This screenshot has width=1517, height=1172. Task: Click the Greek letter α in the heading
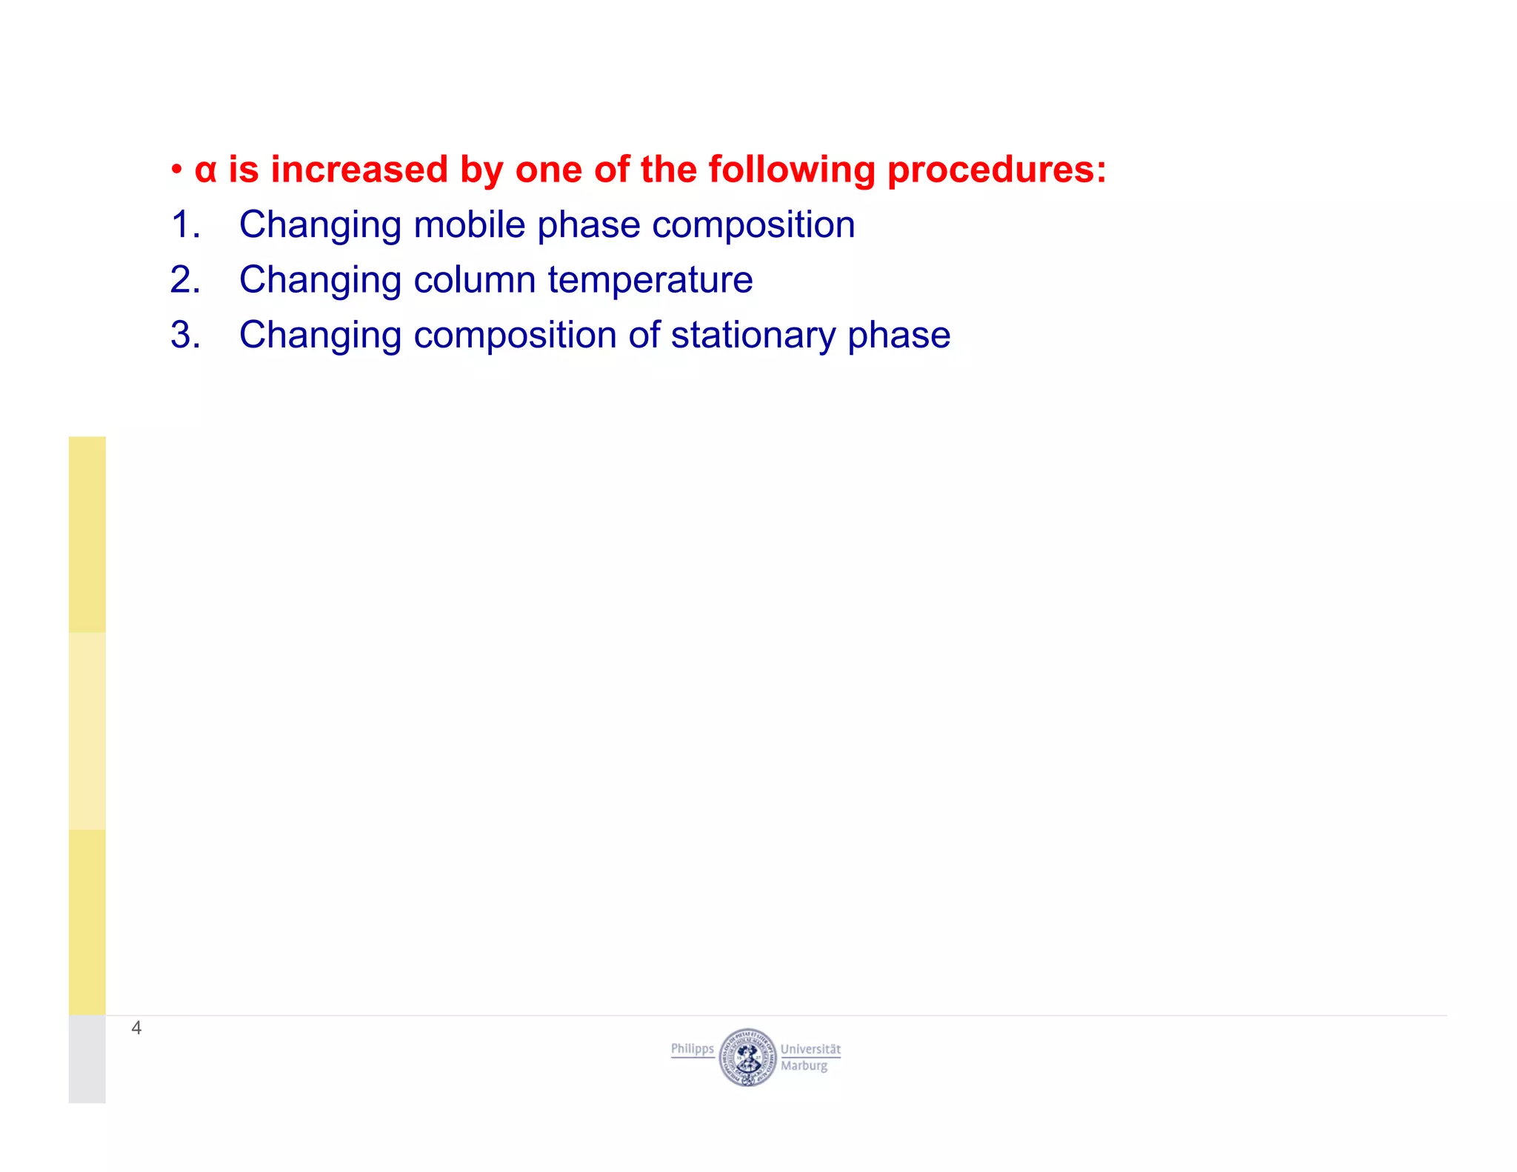tap(205, 171)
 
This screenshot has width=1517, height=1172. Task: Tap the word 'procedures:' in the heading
tap(996, 170)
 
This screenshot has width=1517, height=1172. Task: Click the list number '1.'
tap(185, 224)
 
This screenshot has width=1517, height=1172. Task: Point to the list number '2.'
tap(185, 280)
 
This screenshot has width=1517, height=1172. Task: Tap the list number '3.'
tap(185, 335)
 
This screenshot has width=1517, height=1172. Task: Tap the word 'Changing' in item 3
tap(320, 336)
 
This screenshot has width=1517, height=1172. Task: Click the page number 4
tap(136, 1028)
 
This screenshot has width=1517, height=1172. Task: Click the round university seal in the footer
tap(747, 1057)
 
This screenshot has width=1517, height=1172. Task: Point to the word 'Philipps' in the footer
tap(692, 1049)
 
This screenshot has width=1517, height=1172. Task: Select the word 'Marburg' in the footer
tap(804, 1066)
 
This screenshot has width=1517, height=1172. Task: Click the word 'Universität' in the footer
tap(810, 1049)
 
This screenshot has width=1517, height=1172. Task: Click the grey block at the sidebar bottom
tap(87, 1059)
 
